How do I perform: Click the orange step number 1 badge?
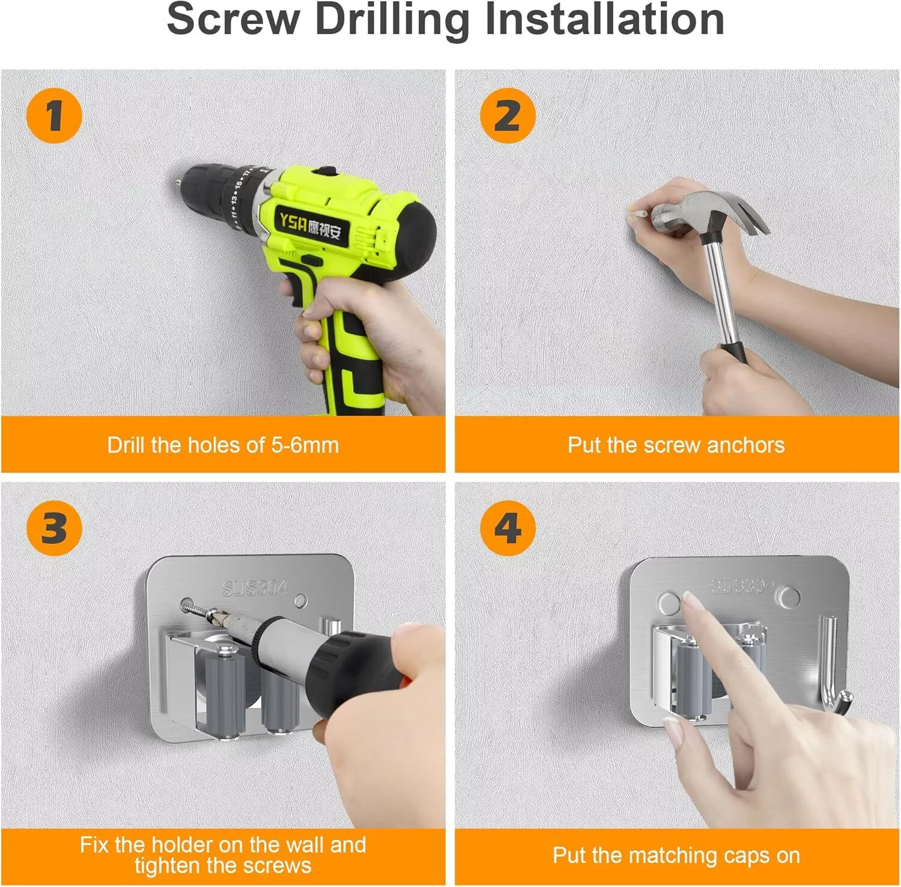pyautogui.click(x=54, y=115)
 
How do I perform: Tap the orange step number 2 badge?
pyautogui.click(x=508, y=115)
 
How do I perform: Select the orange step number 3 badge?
pyautogui.click(x=54, y=528)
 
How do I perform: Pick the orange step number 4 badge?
pyautogui.click(x=508, y=528)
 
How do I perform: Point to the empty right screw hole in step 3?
pyautogui.click(x=301, y=600)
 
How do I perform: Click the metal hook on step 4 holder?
pyautogui.click(x=832, y=667)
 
